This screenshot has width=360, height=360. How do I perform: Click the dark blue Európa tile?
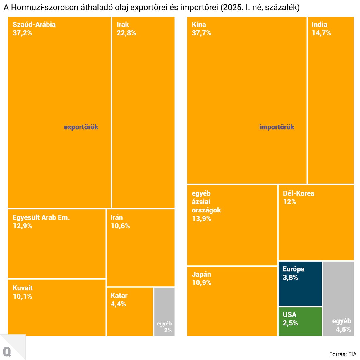click(x=300, y=284)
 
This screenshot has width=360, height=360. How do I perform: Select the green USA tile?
click(x=300, y=321)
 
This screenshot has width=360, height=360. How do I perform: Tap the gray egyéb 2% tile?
click(x=164, y=311)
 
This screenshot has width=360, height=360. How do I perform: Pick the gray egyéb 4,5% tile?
click(x=338, y=299)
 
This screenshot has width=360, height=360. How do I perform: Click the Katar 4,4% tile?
click(x=130, y=311)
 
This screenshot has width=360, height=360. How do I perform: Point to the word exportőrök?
click(x=81, y=127)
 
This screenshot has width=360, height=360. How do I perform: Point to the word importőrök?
click(x=277, y=127)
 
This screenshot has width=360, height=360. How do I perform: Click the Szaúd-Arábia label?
click(x=34, y=25)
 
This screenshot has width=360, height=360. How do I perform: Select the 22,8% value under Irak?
click(x=126, y=33)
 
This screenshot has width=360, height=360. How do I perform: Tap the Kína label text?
click(x=199, y=25)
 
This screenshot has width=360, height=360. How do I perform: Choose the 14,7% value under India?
click(x=321, y=33)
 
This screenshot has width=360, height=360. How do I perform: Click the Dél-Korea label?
click(x=299, y=193)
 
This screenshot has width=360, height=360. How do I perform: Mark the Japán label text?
click(x=201, y=274)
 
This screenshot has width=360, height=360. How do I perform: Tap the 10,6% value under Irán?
click(x=120, y=226)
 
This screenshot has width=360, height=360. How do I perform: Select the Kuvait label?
click(x=23, y=288)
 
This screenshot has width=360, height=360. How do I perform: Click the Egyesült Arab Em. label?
click(x=41, y=217)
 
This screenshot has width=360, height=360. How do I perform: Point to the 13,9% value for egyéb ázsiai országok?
click(x=201, y=219)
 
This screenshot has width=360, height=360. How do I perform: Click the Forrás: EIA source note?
click(x=343, y=354)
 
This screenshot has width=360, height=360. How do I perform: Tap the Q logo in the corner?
click(x=7, y=352)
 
